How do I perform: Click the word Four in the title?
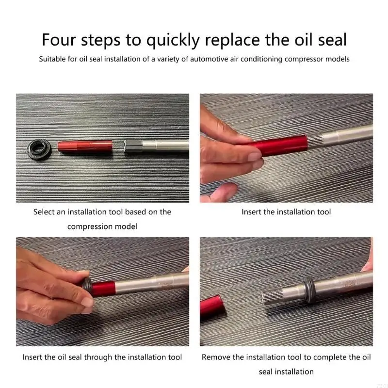[58, 39]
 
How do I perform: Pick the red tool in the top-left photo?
[85, 145]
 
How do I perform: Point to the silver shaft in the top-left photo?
[155, 146]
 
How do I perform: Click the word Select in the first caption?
[44, 212]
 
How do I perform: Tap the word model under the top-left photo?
[125, 226]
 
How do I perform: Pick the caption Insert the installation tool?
[286, 212]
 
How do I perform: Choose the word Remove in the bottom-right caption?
[216, 357]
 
